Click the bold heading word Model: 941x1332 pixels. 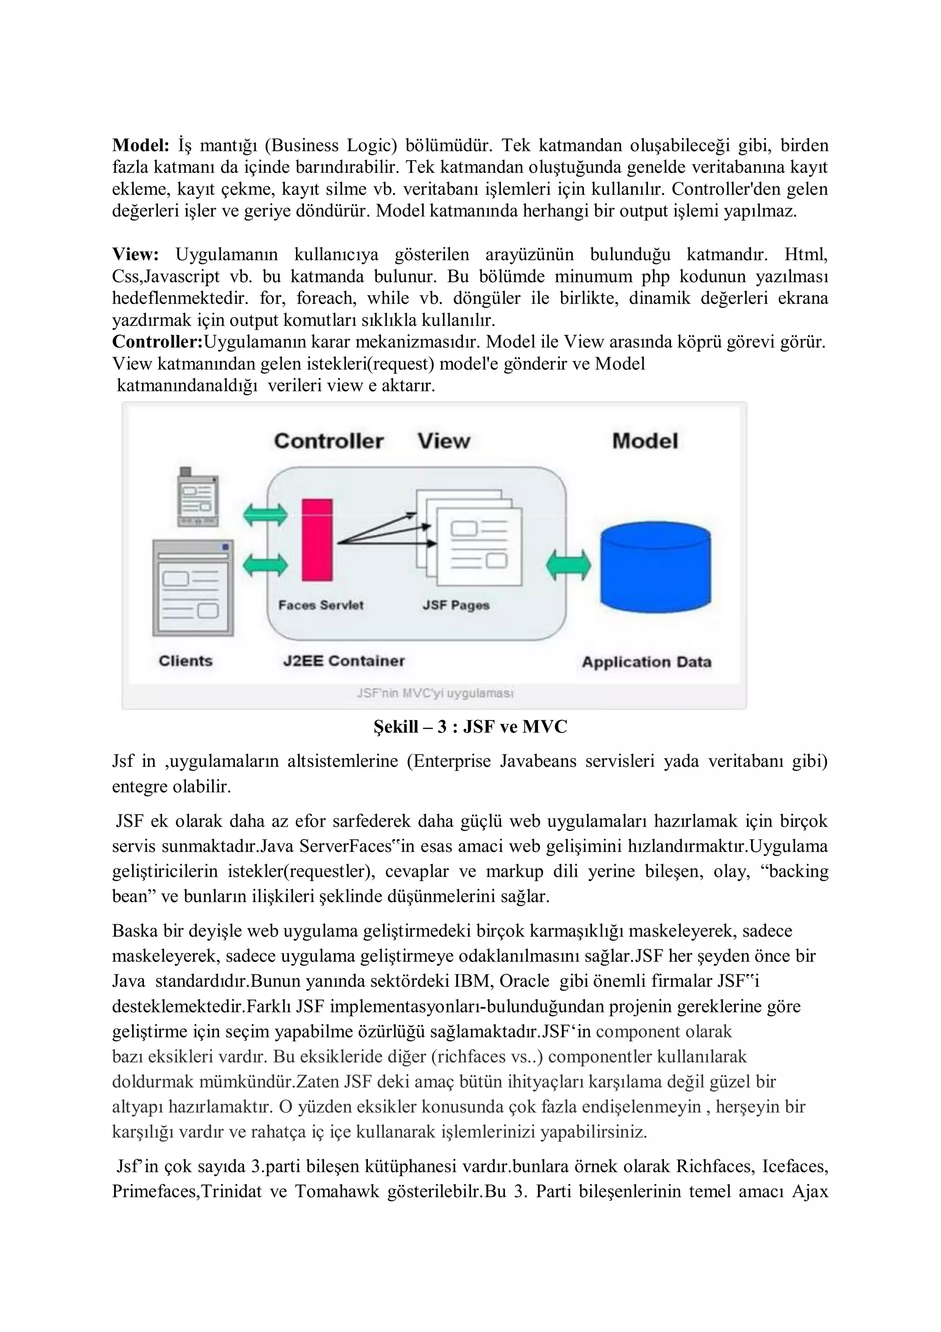(x=140, y=145)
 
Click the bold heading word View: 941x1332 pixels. (x=135, y=255)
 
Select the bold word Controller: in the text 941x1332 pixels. (x=157, y=342)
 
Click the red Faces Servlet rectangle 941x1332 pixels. (x=317, y=539)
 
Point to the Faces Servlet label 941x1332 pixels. (x=321, y=605)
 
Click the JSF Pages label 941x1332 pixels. (x=456, y=605)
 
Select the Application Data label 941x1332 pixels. (x=646, y=662)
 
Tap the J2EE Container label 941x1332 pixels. (x=344, y=661)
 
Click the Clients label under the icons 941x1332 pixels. (x=186, y=661)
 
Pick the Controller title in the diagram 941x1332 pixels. (x=329, y=441)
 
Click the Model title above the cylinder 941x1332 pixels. (x=645, y=441)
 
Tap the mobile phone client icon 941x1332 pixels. (x=198, y=498)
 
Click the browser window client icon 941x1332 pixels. (x=193, y=588)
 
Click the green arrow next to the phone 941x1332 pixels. (x=265, y=515)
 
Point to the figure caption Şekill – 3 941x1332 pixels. (x=470, y=727)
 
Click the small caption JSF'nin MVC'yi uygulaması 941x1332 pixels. (x=435, y=693)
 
